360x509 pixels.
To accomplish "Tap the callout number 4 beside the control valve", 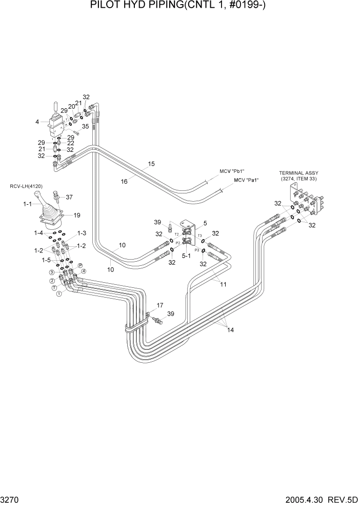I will pos(37,122).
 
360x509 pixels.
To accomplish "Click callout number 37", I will pos(69,197).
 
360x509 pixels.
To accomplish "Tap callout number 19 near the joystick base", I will pos(77,216).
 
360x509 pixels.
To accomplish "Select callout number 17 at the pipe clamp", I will pos(159,305).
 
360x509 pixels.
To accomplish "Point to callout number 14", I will pos(230,330).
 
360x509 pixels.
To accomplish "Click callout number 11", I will pos(223,283).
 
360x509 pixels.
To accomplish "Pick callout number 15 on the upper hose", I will pos(151,164).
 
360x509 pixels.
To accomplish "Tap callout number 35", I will pos(85,126).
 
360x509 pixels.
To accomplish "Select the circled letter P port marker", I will pos(80,265).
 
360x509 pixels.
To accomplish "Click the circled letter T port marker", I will pos(55,288).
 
